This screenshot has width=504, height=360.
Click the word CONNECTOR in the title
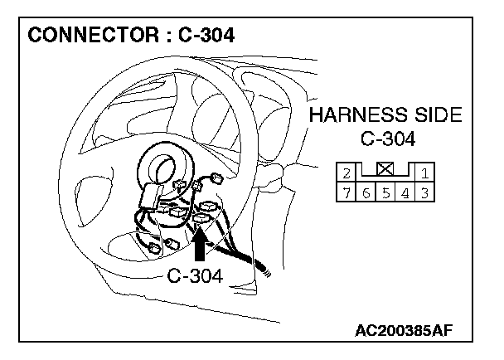pyautogui.click(x=93, y=35)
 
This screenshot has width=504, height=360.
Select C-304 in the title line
pyautogui.click(x=206, y=35)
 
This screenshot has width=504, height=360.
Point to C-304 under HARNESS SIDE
pyautogui.click(x=388, y=139)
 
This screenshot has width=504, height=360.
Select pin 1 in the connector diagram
pyautogui.click(x=424, y=173)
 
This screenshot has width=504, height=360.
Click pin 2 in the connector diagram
pyautogui.click(x=346, y=173)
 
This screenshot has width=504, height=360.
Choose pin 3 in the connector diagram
pyautogui.click(x=424, y=193)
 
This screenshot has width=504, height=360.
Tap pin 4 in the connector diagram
pyautogui.click(x=405, y=193)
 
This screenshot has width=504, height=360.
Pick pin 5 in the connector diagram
pyautogui.click(x=385, y=193)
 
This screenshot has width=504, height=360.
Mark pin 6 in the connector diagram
pyautogui.click(x=366, y=193)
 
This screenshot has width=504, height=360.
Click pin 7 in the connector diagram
pyautogui.click(x=346, y=193)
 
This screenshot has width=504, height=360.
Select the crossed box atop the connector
pyautogui.click(x=385, y=168)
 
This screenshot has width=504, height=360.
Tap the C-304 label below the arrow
pyautogui.click(x=195, y=275)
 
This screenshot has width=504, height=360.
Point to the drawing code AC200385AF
pyautogui.click(x=404, y=330)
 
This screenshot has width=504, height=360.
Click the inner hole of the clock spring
pyautogui.click(x=165, y=168)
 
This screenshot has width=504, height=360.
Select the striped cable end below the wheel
pyautogui.click(x=264, y=270)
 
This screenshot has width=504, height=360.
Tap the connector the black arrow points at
pyautogui.click(x=201, y=219)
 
